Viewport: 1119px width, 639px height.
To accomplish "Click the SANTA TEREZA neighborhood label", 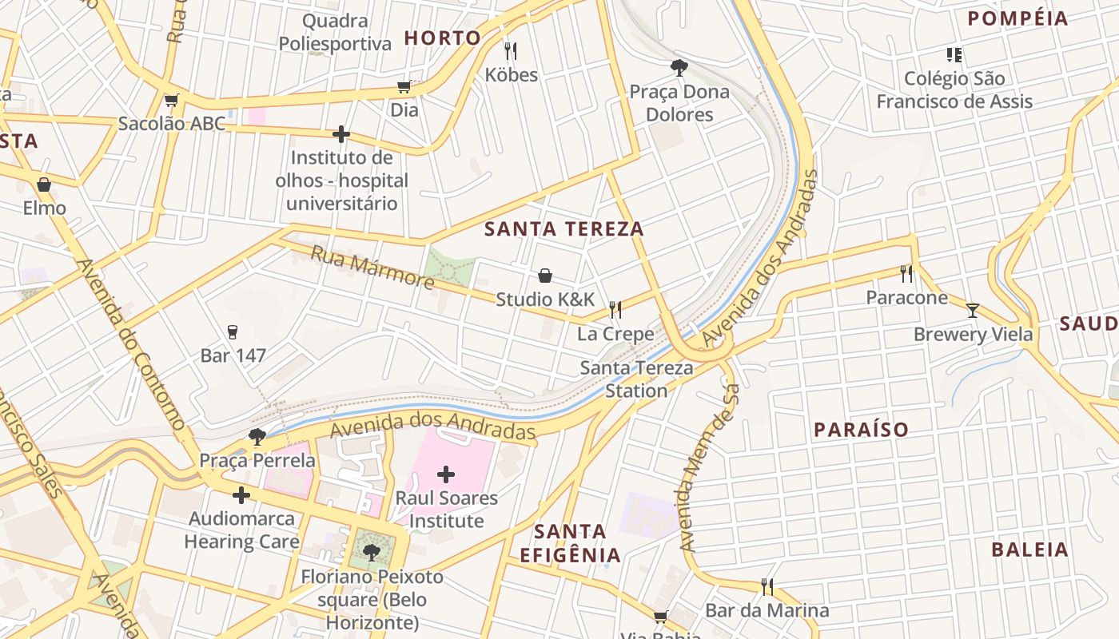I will (x=564, y=229).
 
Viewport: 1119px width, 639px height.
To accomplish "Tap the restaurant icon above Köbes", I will (x=511, y=51).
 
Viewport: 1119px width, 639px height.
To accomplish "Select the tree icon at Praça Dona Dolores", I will (x=679, y=68).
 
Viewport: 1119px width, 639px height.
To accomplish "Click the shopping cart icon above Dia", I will (x=404, y=86).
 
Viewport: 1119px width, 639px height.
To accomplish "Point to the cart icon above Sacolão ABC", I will (x=171, y=101).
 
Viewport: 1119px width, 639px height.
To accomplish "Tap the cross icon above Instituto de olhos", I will (x=341, y=133).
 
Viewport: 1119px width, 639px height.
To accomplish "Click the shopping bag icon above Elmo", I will (x=44, y=185).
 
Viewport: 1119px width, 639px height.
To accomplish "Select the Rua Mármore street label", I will (x=372, y=268).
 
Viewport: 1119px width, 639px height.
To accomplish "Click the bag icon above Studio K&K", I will (x=545, y=276).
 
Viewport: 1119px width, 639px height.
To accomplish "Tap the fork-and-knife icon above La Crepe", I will (x=615, y=309).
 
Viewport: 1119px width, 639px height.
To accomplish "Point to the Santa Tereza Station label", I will (x=636, y=379).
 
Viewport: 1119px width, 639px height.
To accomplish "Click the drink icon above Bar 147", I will (x=233, y=331).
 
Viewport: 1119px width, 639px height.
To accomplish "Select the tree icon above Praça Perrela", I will (x=257, y=437).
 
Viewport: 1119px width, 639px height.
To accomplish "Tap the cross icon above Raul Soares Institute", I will (x=446, y=475).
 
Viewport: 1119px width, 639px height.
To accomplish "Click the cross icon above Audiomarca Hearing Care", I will (x=241, y=495).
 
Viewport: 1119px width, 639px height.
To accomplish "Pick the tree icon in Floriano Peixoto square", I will (x=371, y=552).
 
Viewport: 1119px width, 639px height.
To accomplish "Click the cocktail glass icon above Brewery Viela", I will (x=973, y=311).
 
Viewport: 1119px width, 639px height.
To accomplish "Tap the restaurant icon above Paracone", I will (x=906, y=274).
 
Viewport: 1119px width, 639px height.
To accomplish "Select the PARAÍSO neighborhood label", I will (x=862, y=430).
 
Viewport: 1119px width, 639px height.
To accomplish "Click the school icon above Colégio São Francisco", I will (x=954, y=55).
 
